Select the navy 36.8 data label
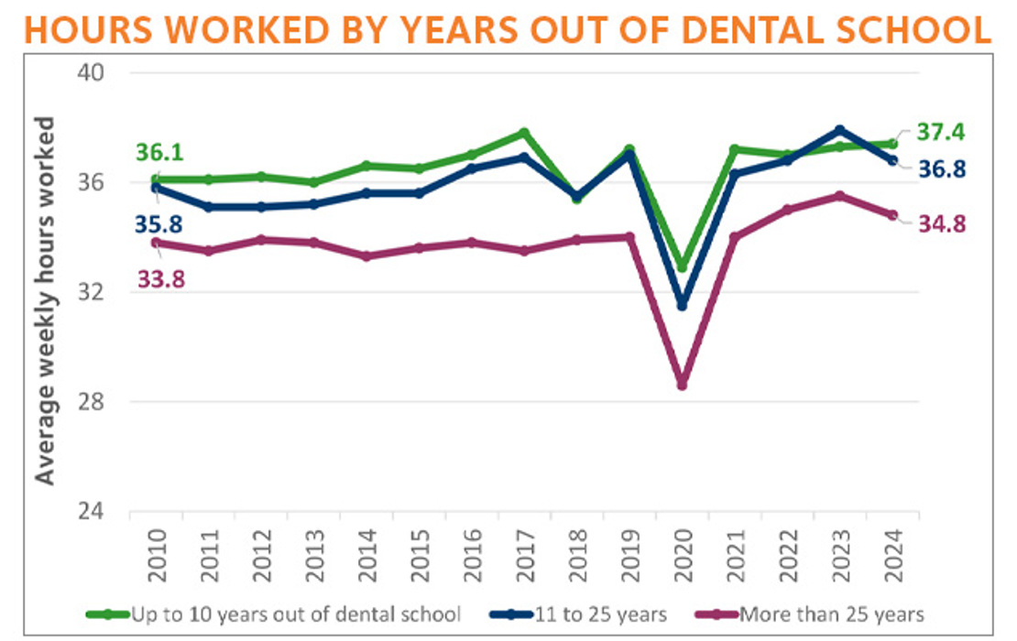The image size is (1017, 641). pyautogui.click(x=942, y=169)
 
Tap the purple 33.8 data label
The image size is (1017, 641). pyautogui.click(x=160, y=277)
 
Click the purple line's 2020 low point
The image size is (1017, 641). pyautogui.click(x=682, y=385)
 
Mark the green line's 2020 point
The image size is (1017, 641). pyautogui.click(x=682, y=266)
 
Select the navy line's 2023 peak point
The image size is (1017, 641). pyautogui.click(x=839, y=130)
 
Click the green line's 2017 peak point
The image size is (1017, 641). pyautogui.click(x=524, y=133)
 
